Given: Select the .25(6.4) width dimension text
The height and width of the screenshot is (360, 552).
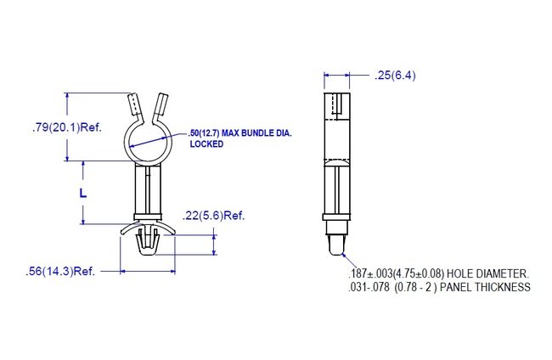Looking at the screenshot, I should coord(395,76).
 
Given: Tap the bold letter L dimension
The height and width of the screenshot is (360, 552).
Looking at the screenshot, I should coord(82,193).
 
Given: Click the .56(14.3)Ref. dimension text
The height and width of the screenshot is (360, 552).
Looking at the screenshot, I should coord(60,272).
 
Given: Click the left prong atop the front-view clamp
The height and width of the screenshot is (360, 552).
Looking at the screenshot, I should coord(134,106).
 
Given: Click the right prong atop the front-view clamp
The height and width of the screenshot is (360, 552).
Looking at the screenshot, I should coord(162,106).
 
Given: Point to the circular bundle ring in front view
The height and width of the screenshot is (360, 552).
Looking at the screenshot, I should coord(149,139).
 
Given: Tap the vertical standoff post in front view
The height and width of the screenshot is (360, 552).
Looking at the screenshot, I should coord(149,191).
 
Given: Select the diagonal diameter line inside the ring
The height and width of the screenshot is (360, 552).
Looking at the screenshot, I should coord(149,141).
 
